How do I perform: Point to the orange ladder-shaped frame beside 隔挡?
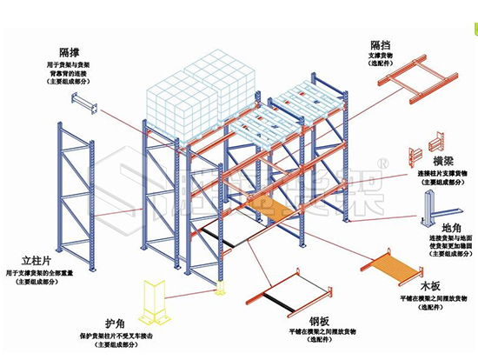click(421, 77)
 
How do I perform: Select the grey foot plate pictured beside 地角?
click(438, 208)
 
